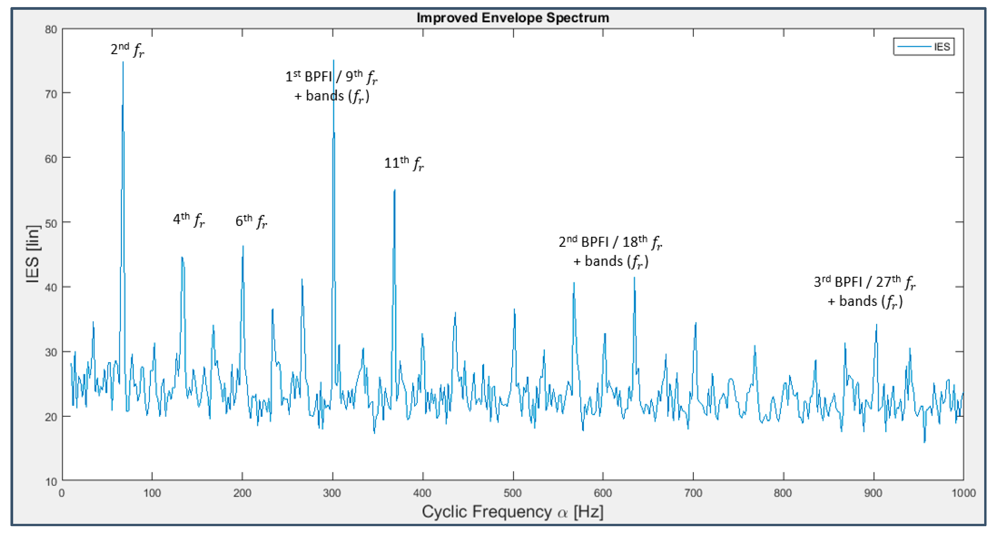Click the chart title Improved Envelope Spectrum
coord(513,18)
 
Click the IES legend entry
coord(924,47)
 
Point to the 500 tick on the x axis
coord(513,493)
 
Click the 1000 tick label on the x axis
coord(963,493)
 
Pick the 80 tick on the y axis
coord(51,30)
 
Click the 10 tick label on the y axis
coord(51,482)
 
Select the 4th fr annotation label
coord(189,219)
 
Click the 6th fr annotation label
coord(251,221)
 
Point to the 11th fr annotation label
coord(404,163)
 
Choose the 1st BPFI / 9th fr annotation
coord(331,77)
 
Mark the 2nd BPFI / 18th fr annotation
coord(610,242)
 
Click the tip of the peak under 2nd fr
coord(123,62)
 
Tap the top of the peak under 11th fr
coord(394,190)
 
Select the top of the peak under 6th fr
coord(243,246)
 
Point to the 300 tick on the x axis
coord(332,493)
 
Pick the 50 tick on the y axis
coord(51,223)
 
